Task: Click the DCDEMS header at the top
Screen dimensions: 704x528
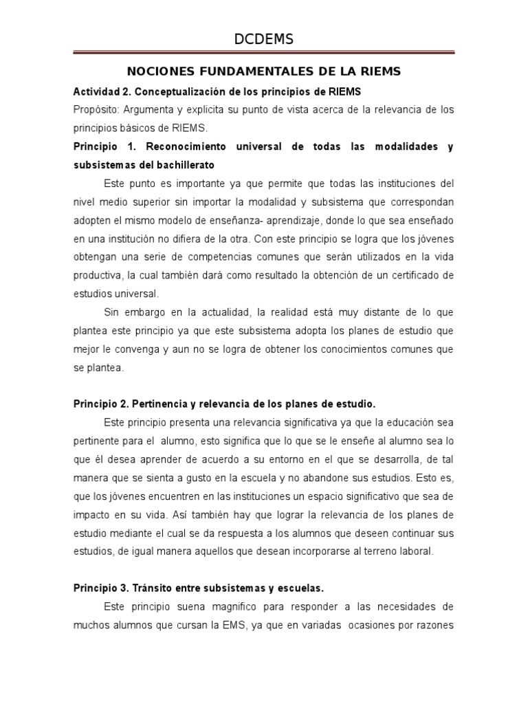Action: point(264,40)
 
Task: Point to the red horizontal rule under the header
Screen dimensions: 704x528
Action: point(264,52)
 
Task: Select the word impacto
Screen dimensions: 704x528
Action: point(93,514)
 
